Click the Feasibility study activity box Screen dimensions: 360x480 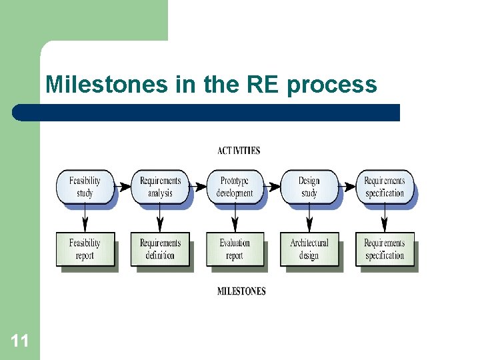click(85, 187)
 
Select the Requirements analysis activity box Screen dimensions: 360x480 click(160, 187)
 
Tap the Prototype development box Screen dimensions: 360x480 click(235, 187)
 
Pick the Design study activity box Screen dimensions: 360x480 click(309, 187)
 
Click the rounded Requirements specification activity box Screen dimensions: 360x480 click(385, 187)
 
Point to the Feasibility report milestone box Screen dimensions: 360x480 click(85, 249)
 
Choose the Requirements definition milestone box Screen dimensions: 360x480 click(160, 249)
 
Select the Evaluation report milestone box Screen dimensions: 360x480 click(235, 249)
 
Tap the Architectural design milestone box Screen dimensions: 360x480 click(309, 249)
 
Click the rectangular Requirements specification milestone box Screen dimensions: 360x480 click(385, 249)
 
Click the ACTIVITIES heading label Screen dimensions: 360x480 click(239, 151)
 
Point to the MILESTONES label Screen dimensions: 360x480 click(241, 291)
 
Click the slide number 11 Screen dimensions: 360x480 click(19, 342)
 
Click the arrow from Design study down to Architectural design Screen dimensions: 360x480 click(309, 217)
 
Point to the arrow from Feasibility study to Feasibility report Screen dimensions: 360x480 click(85, 217)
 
